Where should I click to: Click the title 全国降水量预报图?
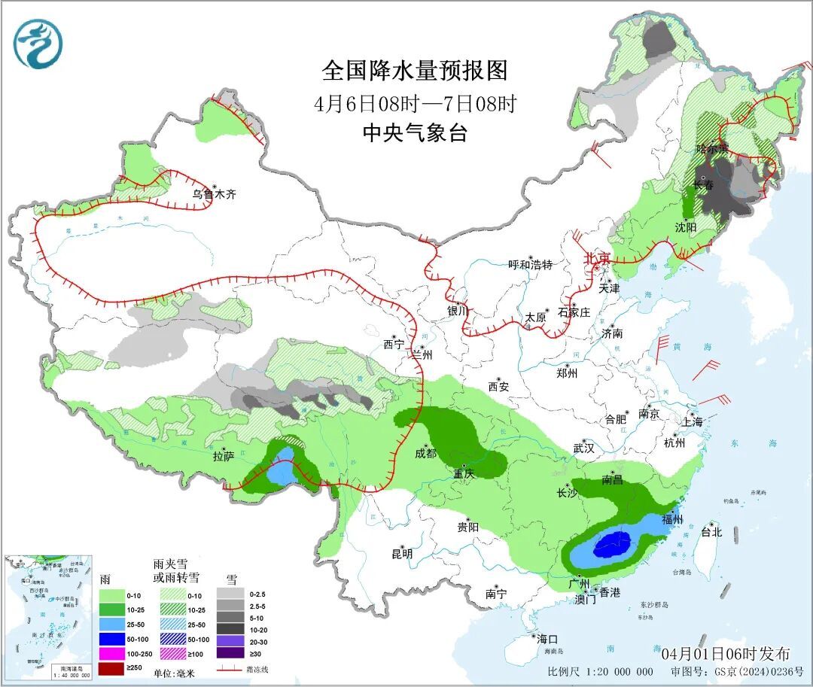click(x=415, y=71)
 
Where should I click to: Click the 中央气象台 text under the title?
click(x=415, y=133)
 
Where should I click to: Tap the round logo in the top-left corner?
click(x=38, y=44)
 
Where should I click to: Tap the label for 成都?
click(x=425, y=453)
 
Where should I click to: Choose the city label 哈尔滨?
click(x=712, y=148)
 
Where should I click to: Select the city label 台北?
click(x=711, y=532)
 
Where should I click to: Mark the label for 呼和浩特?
click(x=530, y=264)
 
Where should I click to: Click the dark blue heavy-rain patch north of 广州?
click(x=612, y=542)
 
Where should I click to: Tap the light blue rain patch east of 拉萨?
click(x=282, y=473)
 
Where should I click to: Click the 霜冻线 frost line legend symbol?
click(x=228, y=669)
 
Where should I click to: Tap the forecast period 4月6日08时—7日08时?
click(x=415, y=103)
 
